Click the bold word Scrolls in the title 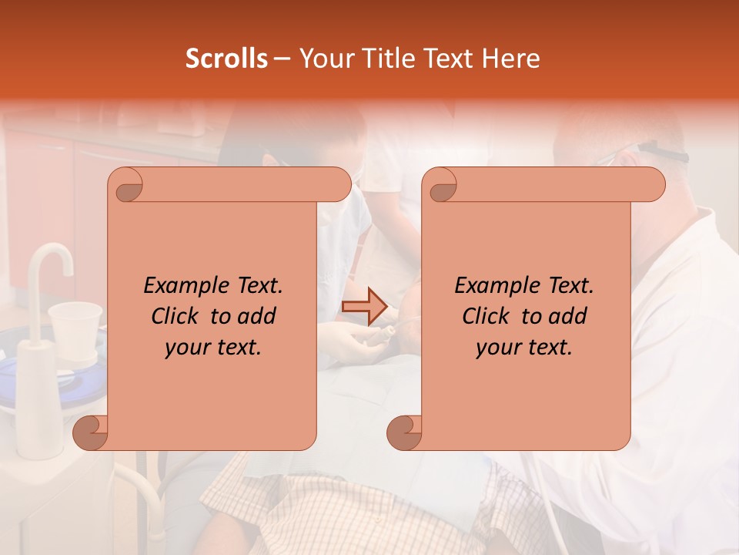tap(226, 59)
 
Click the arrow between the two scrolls tap(363, 306)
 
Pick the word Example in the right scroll tap(494, 286)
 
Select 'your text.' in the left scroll tap(213, 347)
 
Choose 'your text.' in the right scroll tap(524, 347)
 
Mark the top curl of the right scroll tap(440, 186)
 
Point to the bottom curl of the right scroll tap(404, 432)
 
